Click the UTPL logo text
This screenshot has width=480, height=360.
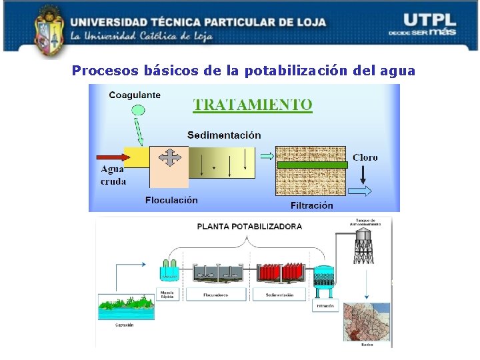coord(430,20)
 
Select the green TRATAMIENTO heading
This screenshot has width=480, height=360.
coord(253,105)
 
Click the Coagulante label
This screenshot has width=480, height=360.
coord(134,95)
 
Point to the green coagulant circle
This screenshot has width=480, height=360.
coord(137,111)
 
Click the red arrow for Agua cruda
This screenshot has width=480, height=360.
coord(109,158)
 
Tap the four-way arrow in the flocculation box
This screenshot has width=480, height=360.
coord(171,157)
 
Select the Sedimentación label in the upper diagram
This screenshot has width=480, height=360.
coord(224,135)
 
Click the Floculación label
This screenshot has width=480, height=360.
coord(171,199)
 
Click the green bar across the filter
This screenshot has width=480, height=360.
coord(312,164)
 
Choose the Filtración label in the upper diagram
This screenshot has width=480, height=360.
coord(312,205)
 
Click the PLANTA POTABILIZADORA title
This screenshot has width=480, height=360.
coord(249,226)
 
